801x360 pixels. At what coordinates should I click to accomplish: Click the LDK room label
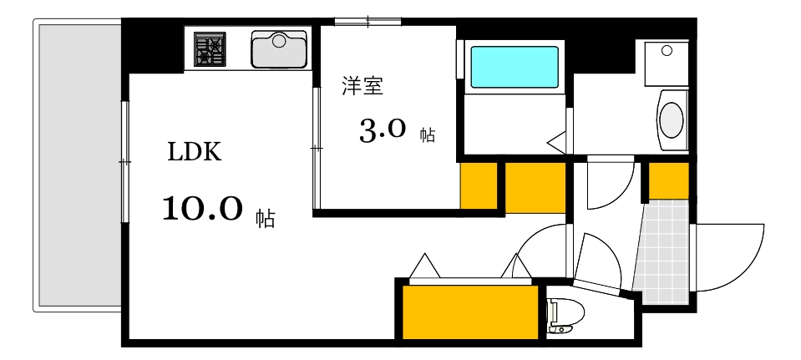(195, 152)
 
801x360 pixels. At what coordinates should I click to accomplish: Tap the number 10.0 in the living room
(202, 208)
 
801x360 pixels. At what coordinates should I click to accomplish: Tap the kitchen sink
(280, 49)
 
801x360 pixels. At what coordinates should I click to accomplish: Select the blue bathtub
(514, 67)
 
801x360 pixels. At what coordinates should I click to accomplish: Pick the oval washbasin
(672, 119)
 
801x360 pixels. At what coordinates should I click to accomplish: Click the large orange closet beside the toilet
(469, 312)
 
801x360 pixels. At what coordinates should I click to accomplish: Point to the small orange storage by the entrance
(669, 180)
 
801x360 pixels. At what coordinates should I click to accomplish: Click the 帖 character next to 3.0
(427, 135)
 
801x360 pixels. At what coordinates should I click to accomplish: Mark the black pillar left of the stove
(152, 47)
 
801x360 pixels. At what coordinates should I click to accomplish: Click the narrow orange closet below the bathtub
(479, 185)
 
